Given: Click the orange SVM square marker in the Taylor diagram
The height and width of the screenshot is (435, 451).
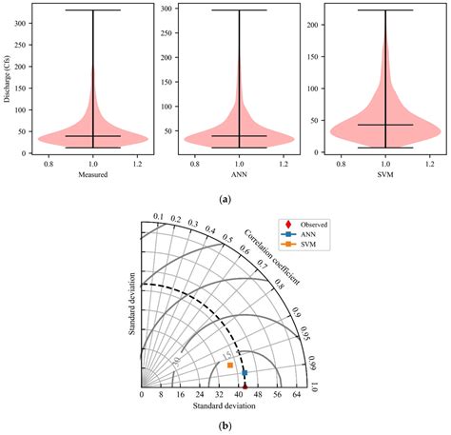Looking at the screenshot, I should point(229,366).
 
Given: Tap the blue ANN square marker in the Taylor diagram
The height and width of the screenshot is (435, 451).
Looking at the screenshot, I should point(245,372).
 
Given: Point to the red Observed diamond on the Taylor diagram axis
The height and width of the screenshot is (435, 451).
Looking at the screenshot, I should point(244,386).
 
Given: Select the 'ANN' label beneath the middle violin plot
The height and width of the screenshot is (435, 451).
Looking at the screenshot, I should point(239,175).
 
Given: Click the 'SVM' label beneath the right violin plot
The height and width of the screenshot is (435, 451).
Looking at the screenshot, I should point(384,175).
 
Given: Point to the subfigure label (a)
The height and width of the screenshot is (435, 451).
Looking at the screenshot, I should point(225,199).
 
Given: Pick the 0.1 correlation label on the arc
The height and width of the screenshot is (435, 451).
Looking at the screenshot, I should point(158,218).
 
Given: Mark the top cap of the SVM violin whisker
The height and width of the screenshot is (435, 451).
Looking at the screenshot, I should point(384,10).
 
